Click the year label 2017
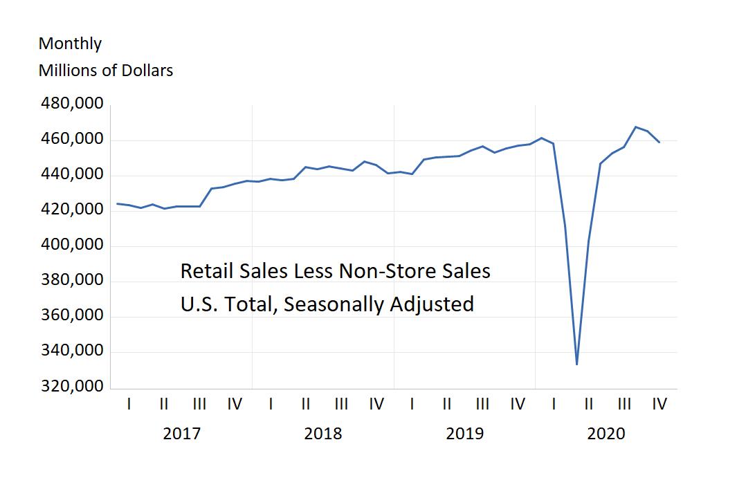click(181, 434)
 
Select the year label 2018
click(322, 434)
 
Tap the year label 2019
click(464, 434)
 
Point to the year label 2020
click(606, 434)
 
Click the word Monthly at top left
click(70, 44)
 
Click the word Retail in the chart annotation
click(202, 271)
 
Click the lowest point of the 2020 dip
click(576, 364)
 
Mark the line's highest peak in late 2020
click(636, 127)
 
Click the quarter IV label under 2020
click(659, 404)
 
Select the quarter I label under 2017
click(129, 404)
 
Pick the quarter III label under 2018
click(341, 404)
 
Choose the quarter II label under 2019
click(447, 404)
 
